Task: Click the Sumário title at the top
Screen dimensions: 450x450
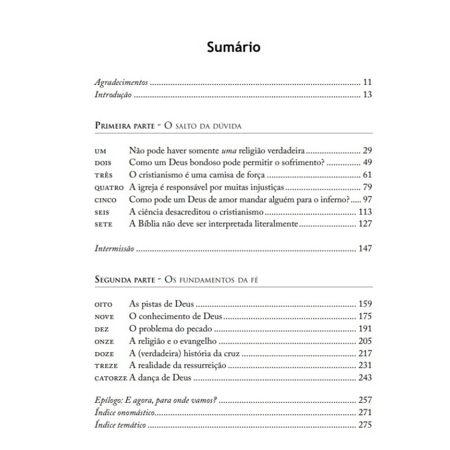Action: pyautogui.click(x=224, y=47)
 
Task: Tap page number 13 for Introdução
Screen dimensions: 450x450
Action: pyautogui.click(x=368, y=94)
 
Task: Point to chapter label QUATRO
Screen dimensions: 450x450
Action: pyautogui.click(x=108, y=187)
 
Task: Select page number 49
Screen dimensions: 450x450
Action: pyautogui.click(x=368, y=163)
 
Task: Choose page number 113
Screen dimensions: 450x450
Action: pyautogui.click(x=365, y=212)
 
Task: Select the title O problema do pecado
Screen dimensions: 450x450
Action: pyautogui.click(x=170, y=329)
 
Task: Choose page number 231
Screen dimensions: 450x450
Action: pyautogui.click(x=365, y=366)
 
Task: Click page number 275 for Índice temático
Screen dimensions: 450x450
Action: pyautogui.click(x=365, y=426)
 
